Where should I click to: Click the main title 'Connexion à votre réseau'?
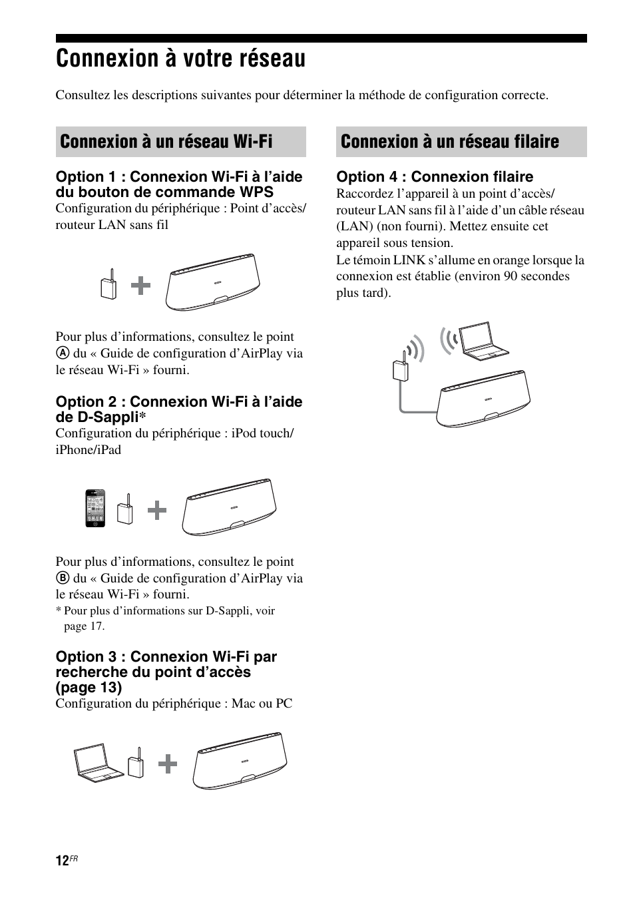(180, 59)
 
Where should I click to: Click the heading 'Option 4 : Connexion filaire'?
(435, 176)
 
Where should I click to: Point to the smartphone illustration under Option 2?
(95, 509)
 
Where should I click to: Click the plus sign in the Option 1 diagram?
(140, 286)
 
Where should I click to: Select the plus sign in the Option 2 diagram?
(157, 511)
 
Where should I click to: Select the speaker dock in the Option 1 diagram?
(213, 282)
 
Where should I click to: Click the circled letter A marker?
(62, 353)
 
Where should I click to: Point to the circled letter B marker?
(62, 578)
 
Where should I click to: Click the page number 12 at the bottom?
(62, 861)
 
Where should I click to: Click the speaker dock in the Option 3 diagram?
(241, 761)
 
